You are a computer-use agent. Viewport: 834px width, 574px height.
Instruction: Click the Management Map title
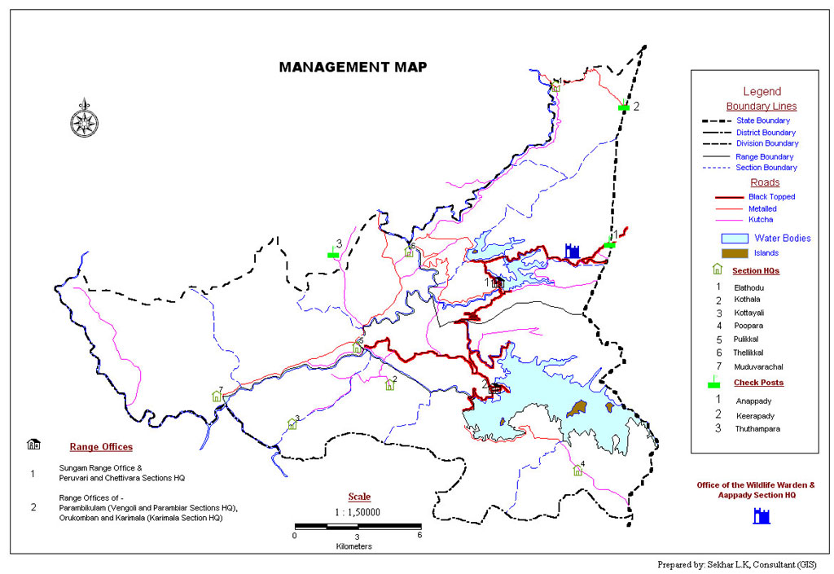pos(353,67)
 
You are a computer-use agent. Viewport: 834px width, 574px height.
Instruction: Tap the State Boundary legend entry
pos(762,120)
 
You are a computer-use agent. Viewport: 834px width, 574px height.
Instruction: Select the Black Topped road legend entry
pos(770,197)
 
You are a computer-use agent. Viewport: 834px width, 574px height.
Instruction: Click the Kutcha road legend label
pos(761,220)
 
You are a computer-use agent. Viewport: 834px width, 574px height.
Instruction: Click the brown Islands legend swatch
pos(735,253)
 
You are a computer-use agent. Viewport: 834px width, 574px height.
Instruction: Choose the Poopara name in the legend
pos(748,326)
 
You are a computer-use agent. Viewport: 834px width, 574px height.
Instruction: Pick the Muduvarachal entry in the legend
pos(757,367)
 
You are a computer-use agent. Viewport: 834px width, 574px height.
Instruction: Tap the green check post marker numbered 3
pos(332,254)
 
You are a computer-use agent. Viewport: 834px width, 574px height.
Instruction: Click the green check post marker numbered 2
pos(623,107)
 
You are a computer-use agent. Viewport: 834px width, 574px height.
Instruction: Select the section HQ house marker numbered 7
pos(217,397)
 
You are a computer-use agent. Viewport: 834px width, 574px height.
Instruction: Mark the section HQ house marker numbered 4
pos(577,470)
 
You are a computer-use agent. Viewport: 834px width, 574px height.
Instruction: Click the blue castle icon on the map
pos(572,251)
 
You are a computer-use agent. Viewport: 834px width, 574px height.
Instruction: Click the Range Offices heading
pos(101,447)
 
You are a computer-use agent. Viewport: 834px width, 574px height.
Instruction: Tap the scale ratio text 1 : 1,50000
pos(358,512)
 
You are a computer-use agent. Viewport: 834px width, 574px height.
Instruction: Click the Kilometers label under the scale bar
pos(353,546)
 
